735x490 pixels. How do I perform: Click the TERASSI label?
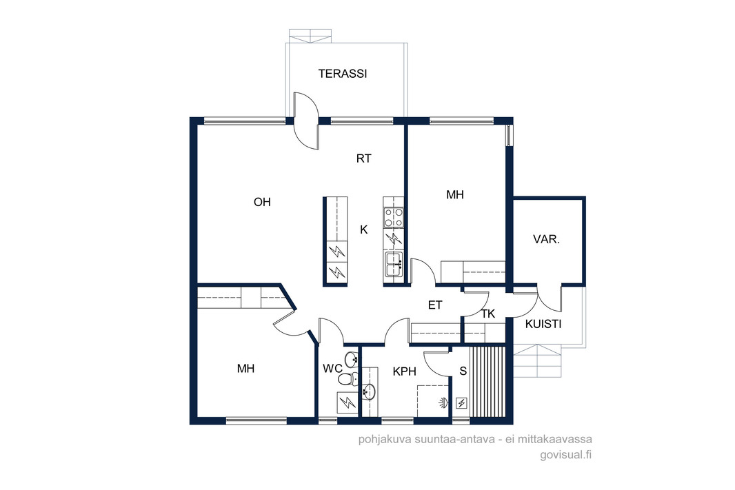coord(342,74)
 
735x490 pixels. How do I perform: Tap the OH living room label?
coord(262,202)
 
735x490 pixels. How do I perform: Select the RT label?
coord(364,159)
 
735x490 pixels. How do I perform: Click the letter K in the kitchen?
coord(364,229)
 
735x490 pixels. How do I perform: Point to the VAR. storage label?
coord(546,239)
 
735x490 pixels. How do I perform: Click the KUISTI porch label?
coord(543,324)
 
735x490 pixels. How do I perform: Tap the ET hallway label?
coord(435,305)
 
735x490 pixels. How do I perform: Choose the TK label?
coord(488,314)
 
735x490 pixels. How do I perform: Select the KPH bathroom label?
coord(405,371)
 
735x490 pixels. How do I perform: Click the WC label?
coord(332,369)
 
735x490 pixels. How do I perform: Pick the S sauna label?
coord(463,371)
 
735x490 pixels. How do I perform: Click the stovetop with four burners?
coord(393,218)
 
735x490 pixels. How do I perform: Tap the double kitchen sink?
coord(393,265)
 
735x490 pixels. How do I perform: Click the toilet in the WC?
coord(348,379)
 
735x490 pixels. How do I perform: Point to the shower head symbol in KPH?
coord(443,402)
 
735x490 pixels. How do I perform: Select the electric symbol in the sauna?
coord(462,403)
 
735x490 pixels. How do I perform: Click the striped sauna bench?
coord(488,381)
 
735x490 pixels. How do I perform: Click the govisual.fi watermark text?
coord(566,454)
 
